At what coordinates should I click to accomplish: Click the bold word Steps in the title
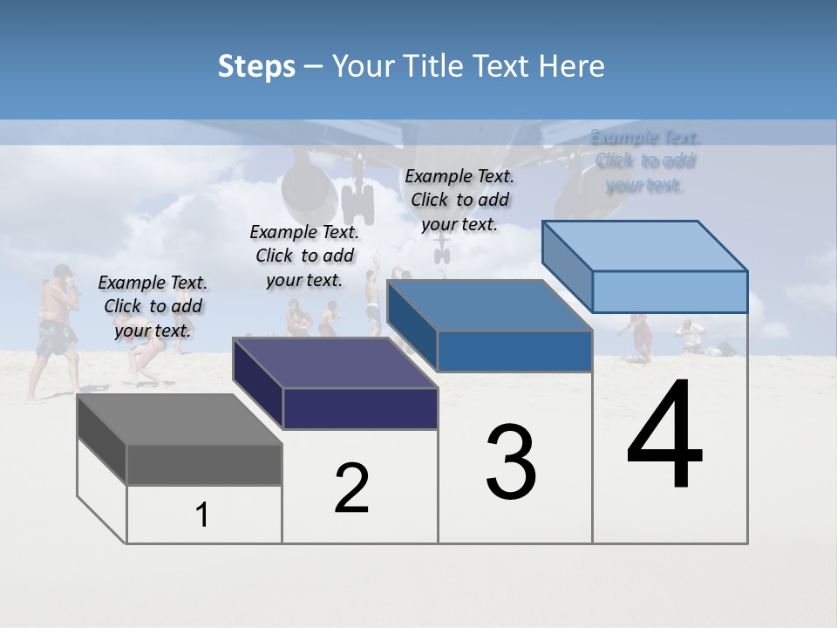(256, 66)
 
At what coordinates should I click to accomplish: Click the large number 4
(664, 435)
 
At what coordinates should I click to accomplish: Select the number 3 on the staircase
(511, 462)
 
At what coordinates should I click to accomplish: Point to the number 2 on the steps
(351, 488)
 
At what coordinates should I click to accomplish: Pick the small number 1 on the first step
(202, 515)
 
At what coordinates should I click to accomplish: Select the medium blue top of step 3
(488, 306)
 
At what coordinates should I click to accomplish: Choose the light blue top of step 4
(645, 246)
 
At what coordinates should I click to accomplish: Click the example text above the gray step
(153, 306)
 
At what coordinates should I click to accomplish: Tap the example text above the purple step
(304, 256)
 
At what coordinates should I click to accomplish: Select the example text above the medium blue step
(459, 200)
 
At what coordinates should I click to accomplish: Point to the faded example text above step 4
(645, 160)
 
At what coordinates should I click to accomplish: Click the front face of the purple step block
(360, 408)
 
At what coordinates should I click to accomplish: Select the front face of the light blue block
(670, 291)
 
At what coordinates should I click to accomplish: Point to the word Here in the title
(572, 66)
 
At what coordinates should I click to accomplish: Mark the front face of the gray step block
(204, 464)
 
